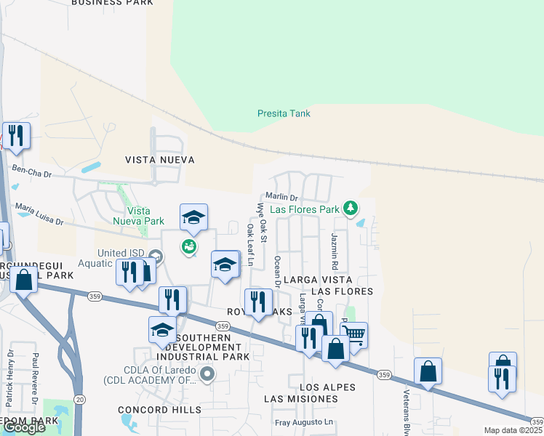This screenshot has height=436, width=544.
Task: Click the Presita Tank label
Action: (284, 113)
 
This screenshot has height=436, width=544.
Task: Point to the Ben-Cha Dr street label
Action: (33, 171)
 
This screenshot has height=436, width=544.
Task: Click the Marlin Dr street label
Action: (281, 197)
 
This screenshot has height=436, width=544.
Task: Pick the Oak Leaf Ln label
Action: (249, 245)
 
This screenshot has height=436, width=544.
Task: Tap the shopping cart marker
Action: (353, 335)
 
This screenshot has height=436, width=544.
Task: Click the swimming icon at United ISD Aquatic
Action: (189, 247)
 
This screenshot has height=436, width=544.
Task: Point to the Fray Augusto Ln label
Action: (304, 422)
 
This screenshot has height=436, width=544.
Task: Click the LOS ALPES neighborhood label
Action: (322, 387)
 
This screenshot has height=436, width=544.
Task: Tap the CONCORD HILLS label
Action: (160, 411)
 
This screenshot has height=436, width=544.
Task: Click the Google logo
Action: (24, 428)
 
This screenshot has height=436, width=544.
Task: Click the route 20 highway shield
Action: (79, 400)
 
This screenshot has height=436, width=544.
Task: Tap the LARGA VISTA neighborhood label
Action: (317, 280)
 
